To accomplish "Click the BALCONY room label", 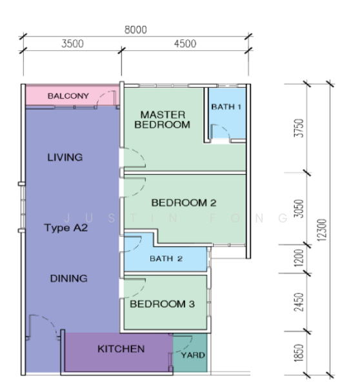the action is click(68, 95).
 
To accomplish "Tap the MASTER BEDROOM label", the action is click(162, 120).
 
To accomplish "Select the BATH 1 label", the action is click(226, 107).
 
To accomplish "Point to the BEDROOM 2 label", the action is click(184, 203).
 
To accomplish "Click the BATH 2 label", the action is click(166, 259).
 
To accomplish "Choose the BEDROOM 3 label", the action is click(162, 304).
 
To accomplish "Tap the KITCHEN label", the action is click(121, 349).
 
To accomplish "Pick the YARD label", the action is click(193, 355).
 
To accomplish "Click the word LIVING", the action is click(65, 157).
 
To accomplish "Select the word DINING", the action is click(68, 279).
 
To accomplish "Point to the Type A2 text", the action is click(66, 228).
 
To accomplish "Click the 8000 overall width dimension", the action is click(135, 30).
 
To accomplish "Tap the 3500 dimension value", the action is click(72, 44).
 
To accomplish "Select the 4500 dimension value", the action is click(185, 44).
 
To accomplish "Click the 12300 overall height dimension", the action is click(322, 230).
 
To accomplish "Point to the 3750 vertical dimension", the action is click(299, 128).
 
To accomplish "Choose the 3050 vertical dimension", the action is click(299, 209).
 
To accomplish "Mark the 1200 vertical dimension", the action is click(299, 258).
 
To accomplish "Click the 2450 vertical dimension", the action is click(299, 302).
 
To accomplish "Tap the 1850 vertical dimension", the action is click(299, 353).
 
